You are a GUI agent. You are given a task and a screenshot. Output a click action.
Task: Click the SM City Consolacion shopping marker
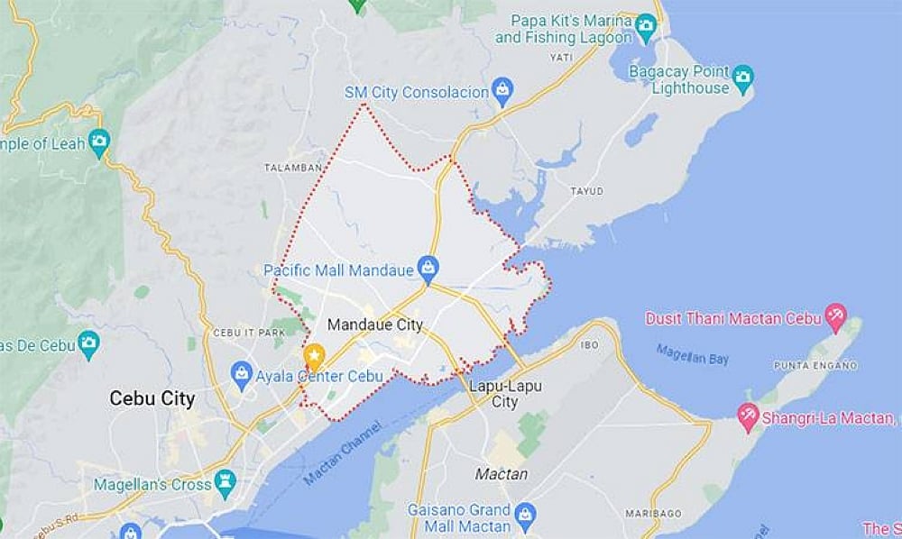click(502, 91)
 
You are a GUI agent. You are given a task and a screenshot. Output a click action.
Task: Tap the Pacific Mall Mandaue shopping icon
click(428, 268)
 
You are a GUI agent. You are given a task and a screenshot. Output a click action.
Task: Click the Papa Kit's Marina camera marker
click(646, 27)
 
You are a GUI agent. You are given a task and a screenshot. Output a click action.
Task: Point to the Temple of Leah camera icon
click(99, 142)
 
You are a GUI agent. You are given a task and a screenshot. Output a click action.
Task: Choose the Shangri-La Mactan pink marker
click(748, 416)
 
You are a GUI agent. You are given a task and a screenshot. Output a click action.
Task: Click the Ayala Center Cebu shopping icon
click(241, 373)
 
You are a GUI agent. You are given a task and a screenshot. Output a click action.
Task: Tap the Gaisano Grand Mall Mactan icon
click(525, 516)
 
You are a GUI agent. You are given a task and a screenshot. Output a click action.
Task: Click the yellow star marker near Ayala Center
click(314, 355)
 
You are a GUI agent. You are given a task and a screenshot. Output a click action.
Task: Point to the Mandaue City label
click(375, 324)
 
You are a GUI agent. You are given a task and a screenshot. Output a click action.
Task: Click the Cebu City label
click(152, 397)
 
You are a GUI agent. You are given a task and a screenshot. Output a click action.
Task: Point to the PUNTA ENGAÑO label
click(813, 365)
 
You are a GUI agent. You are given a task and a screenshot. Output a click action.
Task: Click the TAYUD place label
click(586, 191)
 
